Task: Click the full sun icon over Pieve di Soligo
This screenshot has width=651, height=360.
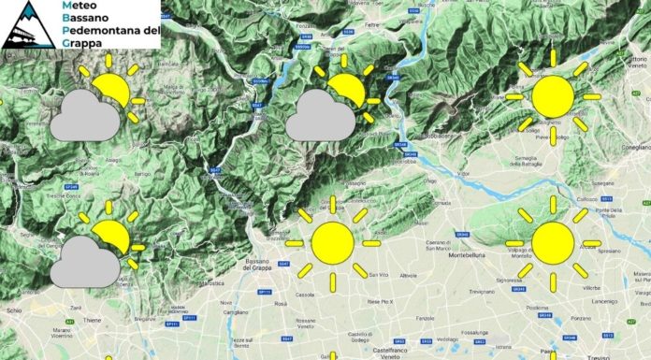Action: tap(552, 96)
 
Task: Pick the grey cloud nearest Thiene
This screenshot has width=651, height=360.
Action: tap(84, 262)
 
